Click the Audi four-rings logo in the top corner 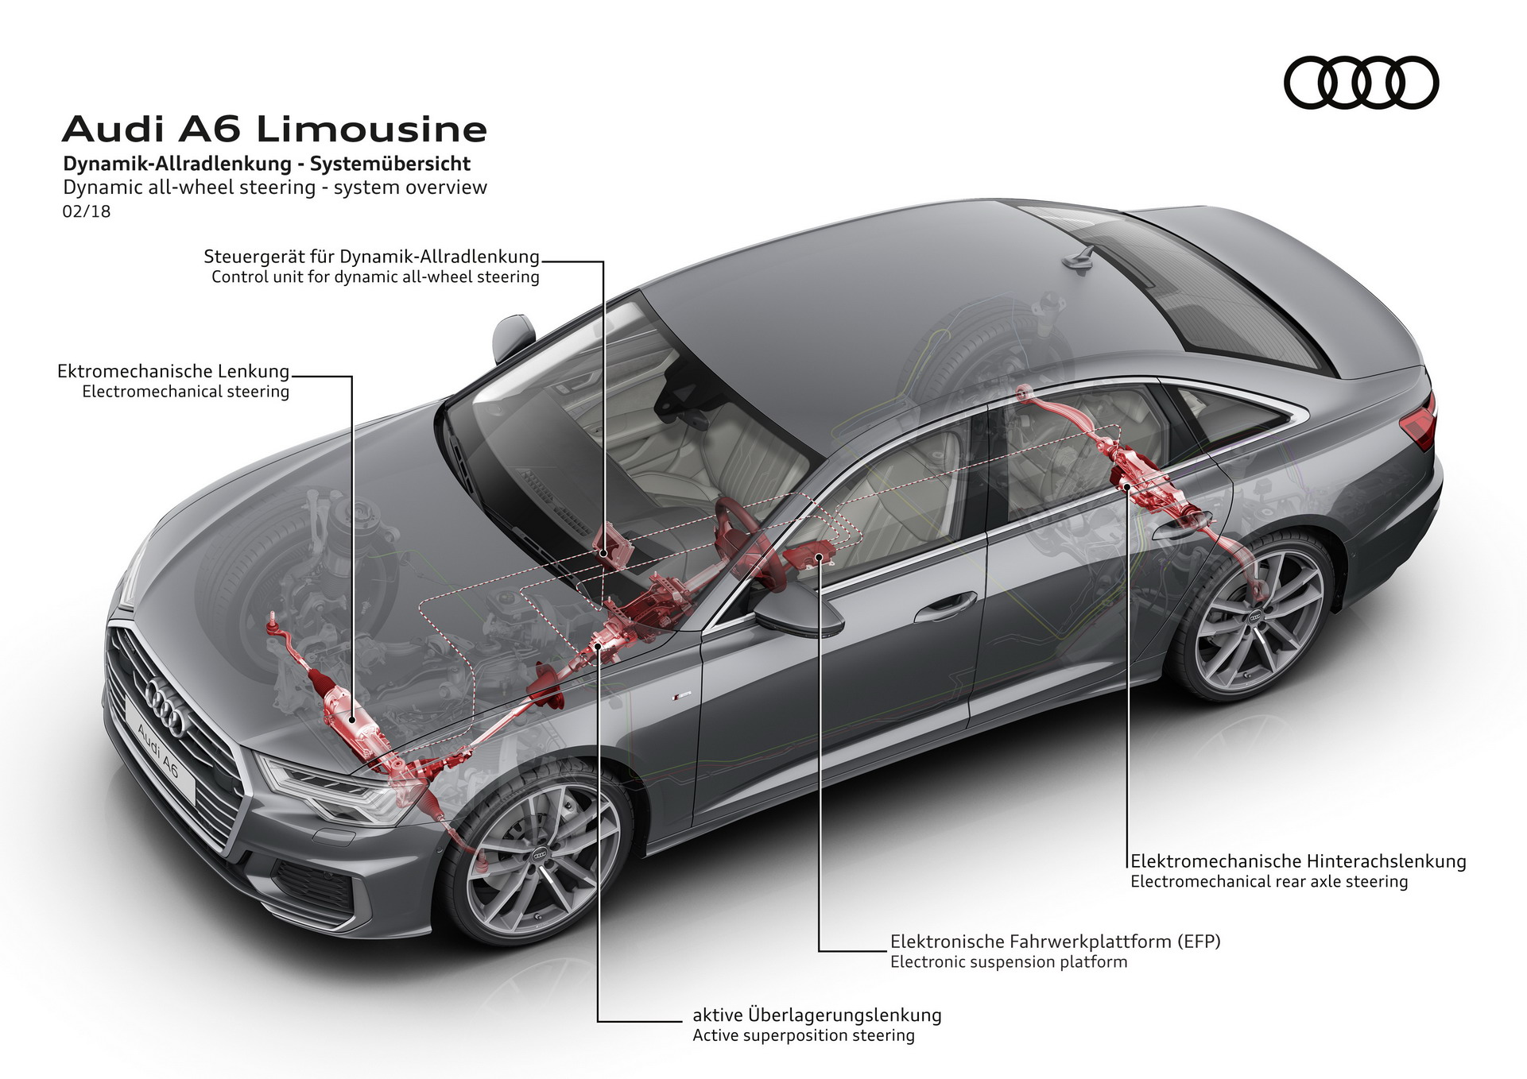tap(1361, 83)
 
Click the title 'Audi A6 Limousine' tap(274, 130)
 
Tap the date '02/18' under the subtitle tap(87, 211)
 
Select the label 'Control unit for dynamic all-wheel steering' tap(375, 277)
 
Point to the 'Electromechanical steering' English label tap(185, 392)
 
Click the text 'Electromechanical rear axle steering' tap(1269, 882)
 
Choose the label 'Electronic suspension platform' tap(1008, 962)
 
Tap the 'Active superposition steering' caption tap(803, 1036)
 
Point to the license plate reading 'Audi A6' tap(160, 751)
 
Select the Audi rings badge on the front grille tap(165, 709)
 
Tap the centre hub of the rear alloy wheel tap(1256, 617)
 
